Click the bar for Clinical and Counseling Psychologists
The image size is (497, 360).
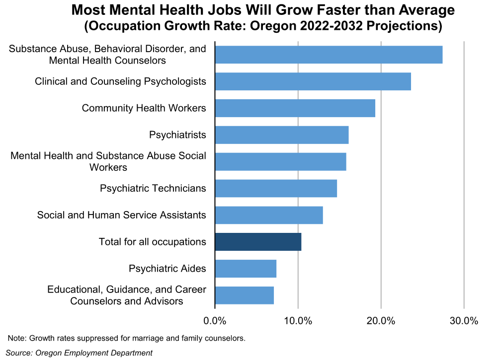point(313,81)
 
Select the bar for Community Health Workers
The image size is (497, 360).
point(295,108)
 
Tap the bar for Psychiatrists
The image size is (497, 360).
point(281,135)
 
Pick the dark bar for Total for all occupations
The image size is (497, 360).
point(258,242)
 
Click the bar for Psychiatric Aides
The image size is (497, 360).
point(246,269)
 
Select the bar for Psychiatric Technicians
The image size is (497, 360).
point(276,189)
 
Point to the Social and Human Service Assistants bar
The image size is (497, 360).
point(269,216)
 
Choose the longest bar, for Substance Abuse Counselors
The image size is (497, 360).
point(329,55)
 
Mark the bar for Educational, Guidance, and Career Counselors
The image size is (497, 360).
point(244,295)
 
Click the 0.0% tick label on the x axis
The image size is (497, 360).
point(215,321)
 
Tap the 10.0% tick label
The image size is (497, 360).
point(298,321)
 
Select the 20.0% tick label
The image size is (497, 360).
point(381,321)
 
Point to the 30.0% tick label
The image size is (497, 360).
point(464,321)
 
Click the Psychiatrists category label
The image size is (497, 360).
point(177,135)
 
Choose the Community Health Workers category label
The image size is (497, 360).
point(144,108)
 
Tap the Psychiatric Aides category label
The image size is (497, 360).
point(167,269)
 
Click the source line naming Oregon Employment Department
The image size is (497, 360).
point(79,353)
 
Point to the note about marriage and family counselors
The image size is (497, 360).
point(127,339)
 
